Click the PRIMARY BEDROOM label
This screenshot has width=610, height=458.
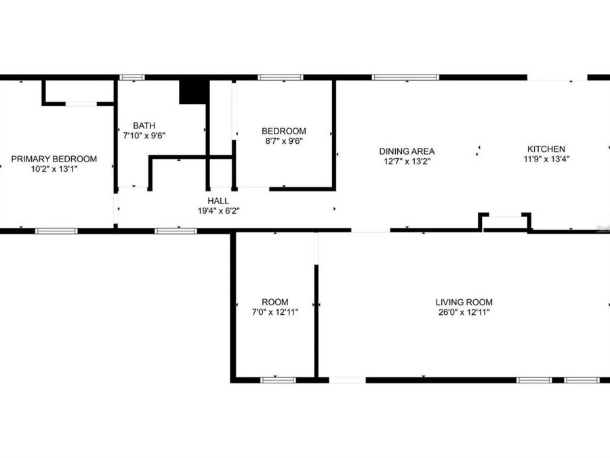click(x=54, y=159)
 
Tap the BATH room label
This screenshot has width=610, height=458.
click(x=144, y=126)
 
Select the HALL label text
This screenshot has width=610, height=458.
click(x=218, y=201)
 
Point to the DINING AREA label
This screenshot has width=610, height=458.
click(x=407, y=151)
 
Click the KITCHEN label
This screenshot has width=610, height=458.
click(x=546, y=149)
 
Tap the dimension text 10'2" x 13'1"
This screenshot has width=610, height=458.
click(x=54, y=168)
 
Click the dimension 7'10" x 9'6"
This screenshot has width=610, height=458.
click(x=144, y=135)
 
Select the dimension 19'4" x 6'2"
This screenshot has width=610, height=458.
click(x=218, y=210)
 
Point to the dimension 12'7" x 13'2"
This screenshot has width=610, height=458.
click(x=407, y=161)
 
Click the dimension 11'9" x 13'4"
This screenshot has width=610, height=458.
click(x=546, y=159)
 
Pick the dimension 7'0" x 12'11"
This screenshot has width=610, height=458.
click(x=275, y=312)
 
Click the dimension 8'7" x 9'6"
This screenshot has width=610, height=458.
click(x=284, y=141)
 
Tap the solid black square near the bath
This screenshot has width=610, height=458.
click(x=193, y=92)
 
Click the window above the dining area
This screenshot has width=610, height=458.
click(x=405, y=77)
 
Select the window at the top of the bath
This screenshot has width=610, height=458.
click(x=131, y=77)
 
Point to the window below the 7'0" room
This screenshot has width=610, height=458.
click(x=279, y=380)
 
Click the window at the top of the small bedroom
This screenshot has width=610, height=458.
click(x=281, y=77)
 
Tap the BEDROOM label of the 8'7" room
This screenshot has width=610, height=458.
click(x=284, y=131)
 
